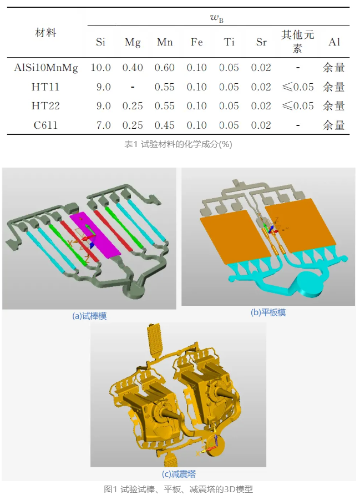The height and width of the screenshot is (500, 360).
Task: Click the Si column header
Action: (100, 42)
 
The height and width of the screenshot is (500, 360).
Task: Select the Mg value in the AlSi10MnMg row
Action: (133, 68)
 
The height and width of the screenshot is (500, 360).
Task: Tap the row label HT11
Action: (45, 87)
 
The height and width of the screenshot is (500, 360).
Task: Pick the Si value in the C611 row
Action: (104, 125)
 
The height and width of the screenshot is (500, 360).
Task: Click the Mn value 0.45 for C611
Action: (165, 125)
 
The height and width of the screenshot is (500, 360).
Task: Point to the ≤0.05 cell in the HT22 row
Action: (298, 105)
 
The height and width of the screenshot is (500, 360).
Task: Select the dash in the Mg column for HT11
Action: (133, 87)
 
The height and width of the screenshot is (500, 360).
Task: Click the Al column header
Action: (334, 42)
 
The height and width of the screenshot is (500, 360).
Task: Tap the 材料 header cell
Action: (45, 33)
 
